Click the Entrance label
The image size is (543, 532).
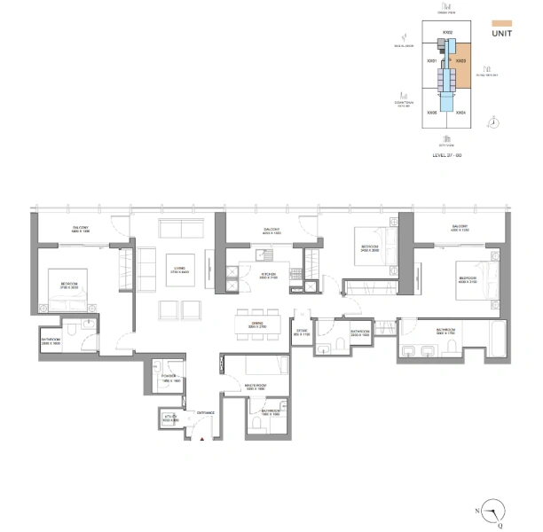point(207,412)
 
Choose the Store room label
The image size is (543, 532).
point(301,333)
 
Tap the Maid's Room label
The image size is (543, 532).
point(256,387)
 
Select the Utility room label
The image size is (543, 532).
point(171,419)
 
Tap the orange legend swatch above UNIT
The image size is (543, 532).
point(502,20)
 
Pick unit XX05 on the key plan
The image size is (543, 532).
point(431,113)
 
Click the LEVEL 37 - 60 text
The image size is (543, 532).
point(447,155)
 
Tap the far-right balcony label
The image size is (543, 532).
point(459,227)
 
